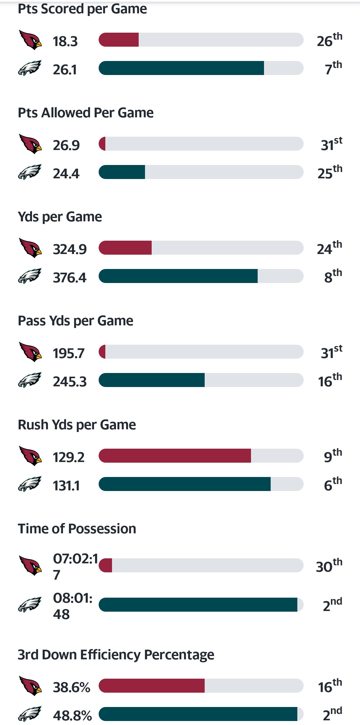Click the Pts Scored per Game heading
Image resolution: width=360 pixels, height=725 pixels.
pyautogui.click(x=82, y=9)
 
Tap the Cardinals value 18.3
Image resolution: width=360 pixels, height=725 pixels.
pyautogui.click(x=65, y=41)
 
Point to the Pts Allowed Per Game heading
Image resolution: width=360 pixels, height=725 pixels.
pyautogui.click(x=86, y=113)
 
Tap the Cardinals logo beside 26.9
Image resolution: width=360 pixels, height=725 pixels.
pyautogui.click(x=30, y=144)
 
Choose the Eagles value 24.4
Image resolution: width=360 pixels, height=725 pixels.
pyautogui.click(x=66, y=174)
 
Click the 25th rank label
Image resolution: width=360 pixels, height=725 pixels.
pyautogui.click(x=330, y=172)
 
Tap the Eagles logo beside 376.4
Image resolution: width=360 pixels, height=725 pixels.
pyautogui.click(x=30, y=276)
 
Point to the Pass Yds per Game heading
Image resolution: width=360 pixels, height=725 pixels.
pyautogui.click(x=75, y=321)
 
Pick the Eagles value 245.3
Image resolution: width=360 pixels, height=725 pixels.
pyautogui.click(x=70, y=382)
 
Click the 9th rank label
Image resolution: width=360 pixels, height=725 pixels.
pyautogui.click(x=333, y=455)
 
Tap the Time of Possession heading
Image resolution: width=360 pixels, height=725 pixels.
pyautogui.click(x=77, y=529)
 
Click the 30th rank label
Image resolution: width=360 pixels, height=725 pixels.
pyautogui.click(x=329, y=565)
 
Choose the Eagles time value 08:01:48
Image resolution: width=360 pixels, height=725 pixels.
pyautogui.click(x=72, y=606)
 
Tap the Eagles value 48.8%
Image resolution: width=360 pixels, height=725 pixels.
pyautogui.click(x=72, y=715)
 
